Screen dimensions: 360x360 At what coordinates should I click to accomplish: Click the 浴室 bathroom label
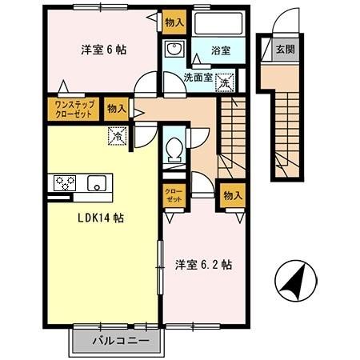(222, 50)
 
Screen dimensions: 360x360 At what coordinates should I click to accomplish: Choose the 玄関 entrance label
(285, 49)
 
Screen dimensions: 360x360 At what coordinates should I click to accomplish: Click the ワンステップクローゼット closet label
(74, 108)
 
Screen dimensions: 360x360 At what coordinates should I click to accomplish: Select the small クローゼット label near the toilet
(173, 195)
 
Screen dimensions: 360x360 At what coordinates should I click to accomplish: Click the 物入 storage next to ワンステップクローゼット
(115, 108)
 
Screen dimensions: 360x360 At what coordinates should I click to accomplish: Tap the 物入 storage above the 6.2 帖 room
(232, 195)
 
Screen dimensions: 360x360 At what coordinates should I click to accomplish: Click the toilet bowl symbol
(174, 150)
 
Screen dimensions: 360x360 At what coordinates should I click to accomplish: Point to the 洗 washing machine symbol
(226, 82)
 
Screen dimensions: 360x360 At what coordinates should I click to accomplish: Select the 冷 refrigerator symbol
(118, 136)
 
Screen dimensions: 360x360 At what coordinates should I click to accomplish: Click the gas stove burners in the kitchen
(64, 182)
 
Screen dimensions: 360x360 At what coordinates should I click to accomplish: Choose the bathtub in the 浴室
(220, 24)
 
